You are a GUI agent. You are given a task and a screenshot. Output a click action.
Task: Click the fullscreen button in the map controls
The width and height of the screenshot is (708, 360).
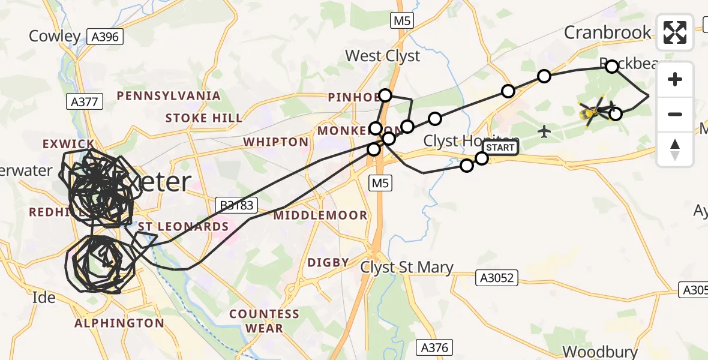[675, 32]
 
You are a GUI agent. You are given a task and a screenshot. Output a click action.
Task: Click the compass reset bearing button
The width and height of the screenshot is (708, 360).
[675, 149]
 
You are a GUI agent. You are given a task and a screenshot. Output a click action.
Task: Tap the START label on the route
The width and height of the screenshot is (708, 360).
[499, 148]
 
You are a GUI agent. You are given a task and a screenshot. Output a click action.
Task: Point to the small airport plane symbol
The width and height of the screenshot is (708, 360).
[544, 131]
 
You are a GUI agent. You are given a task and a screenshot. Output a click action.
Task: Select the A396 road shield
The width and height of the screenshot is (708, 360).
[105, 37]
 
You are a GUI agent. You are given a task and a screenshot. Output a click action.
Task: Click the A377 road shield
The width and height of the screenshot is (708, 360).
[83, 102]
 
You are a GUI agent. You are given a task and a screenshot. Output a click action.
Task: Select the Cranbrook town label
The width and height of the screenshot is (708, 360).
[607, 32]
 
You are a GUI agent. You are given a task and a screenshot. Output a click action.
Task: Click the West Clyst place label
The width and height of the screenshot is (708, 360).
[383, 56]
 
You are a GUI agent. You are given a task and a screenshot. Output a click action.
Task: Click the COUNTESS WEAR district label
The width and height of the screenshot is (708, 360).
[264, 321]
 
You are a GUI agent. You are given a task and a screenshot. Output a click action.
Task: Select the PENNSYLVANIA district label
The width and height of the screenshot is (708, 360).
[169, 96]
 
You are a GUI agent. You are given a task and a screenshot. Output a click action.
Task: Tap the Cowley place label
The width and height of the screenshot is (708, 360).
[55, 37]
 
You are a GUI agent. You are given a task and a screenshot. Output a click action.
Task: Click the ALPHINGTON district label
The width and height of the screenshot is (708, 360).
[119, 323]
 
